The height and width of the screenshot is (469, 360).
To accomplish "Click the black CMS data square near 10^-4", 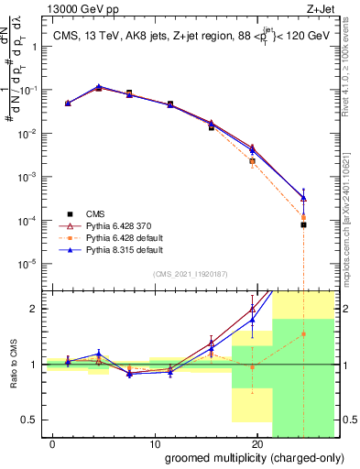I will click(x=303, y=224).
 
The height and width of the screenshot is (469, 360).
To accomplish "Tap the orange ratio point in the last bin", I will click(x=303, y=334).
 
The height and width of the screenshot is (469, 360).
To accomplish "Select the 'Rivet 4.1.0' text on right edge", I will click(x=351, y=82).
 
